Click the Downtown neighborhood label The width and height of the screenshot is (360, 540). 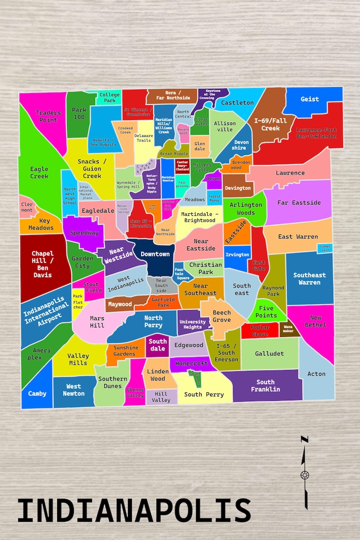(x=155, y=254)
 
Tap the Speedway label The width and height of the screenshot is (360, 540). (x=84, y=233)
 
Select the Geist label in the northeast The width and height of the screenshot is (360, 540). (x=310, y=99)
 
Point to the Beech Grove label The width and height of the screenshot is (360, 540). (x=222, y=316)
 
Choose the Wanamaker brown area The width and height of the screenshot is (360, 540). (x=288, y=329)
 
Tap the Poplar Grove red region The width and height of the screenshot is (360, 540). (x=260, y=331)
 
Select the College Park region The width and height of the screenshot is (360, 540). (x=110, y=97)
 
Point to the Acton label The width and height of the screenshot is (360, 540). (x=316, y=374)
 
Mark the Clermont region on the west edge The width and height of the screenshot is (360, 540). (x=27, y=207)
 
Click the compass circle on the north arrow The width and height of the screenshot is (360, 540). (x=304, y=475)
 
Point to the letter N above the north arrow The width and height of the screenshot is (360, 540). (x=305, y=439)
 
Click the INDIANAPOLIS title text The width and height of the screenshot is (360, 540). (x=134, y=511)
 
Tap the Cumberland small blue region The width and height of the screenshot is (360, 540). (x=325, y=248)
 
